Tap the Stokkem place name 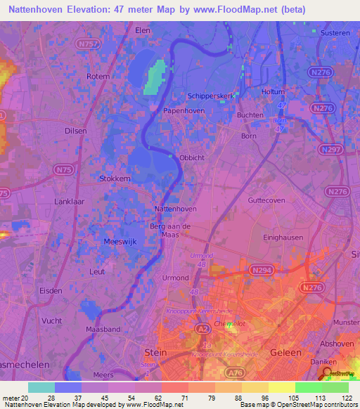pos(115,178)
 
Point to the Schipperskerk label pos(209,96)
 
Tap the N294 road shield pos(259,269)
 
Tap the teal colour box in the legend pos(41,387)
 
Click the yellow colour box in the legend pos(282,387)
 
